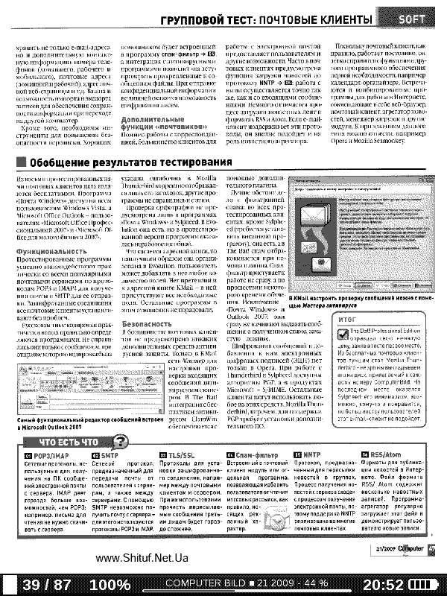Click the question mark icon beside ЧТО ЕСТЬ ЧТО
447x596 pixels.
(124, 441)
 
